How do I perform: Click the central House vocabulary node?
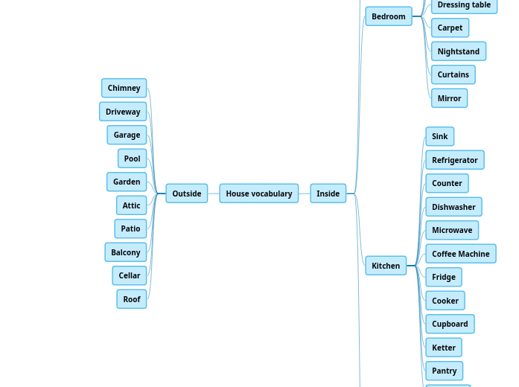pos(258,193)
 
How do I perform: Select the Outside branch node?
pos(186,193)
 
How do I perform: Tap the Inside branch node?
pos(328,193)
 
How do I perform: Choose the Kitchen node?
pos(386,266)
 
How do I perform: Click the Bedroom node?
pos(388,16)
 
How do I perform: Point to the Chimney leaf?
pos(124,88)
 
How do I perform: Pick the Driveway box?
pos(123,112)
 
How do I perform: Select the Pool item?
pos(132,159)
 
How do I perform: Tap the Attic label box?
pos(131,205)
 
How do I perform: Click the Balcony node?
pos(125,252)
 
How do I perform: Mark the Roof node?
pos(131,299)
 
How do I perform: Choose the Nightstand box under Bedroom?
pos(458,51)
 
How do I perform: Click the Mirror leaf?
pos(449,98)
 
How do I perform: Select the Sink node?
pos(439,136)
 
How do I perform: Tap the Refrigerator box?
pos(454,160)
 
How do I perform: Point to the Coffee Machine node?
pos(460,254)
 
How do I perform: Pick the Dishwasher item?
pos(453,207)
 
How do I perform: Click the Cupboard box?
pos(450,324)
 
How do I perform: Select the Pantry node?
pos(444,371)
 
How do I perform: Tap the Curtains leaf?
pos(453,74)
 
